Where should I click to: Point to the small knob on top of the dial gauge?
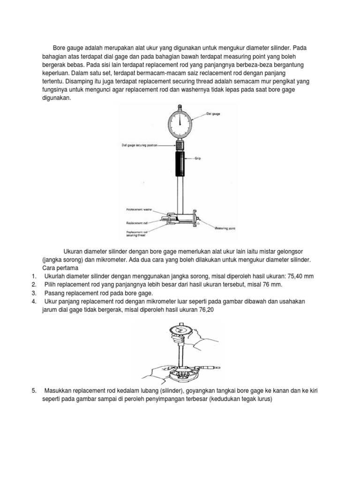pos(179,106)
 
